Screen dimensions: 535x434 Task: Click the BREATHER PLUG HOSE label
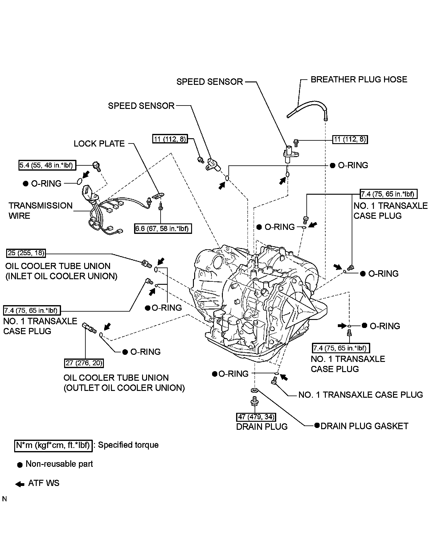[x=358, y=80]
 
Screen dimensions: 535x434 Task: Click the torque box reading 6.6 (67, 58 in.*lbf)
[x=163, y=229]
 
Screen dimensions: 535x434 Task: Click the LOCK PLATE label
[x=99, y=144]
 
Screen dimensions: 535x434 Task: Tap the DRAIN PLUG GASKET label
[x=364, y=426]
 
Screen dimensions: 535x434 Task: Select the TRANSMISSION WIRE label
[x=40, y=211]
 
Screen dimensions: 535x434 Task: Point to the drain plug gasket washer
[x=255, y=391]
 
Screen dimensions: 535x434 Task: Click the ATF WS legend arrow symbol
[x=20, y=484]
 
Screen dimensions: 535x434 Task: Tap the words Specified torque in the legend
[x=128, y=445]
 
